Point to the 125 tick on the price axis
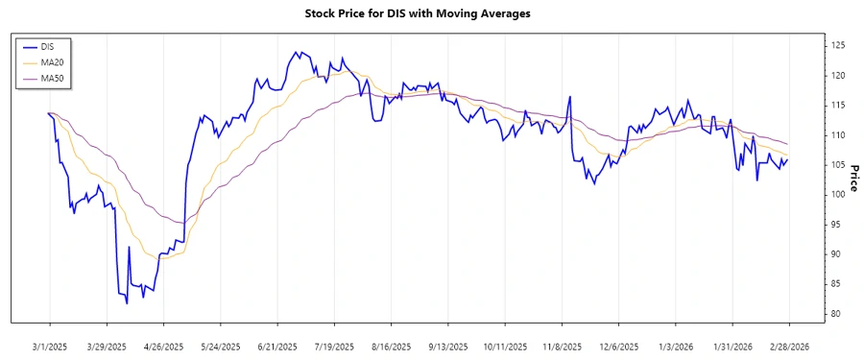pos(838,45)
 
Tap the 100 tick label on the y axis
pos(838,195)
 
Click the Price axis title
pos(853,178)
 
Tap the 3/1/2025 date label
pos(50,346)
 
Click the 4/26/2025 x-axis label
pos(163,346)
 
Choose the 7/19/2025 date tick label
pos(333,346)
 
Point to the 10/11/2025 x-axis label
pos(504,346)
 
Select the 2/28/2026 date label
pos(788,346)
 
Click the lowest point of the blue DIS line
pos(127,303)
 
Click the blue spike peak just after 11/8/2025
pos(570,96)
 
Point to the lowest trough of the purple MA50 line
pos(180,223)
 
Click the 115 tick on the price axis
pos(838,105)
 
